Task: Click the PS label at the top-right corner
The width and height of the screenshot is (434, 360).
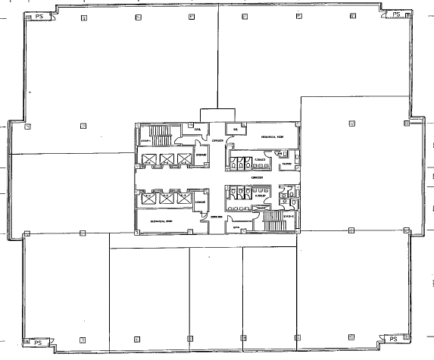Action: (x=395, y=14)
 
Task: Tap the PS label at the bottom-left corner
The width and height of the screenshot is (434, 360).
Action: (x=36, y=343)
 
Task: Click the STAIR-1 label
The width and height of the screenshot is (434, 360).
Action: (x=144, y=140)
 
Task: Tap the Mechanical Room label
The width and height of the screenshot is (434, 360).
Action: (x=273, y=138)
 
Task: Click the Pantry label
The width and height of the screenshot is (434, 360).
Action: (x=286, y=164)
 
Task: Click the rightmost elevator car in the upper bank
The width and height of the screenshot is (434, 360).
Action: (x=184, y=159)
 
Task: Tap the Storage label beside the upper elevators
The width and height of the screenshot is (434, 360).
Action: (x=201, y=157)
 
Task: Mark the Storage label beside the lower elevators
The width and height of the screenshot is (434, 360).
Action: (x=201, y=202)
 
